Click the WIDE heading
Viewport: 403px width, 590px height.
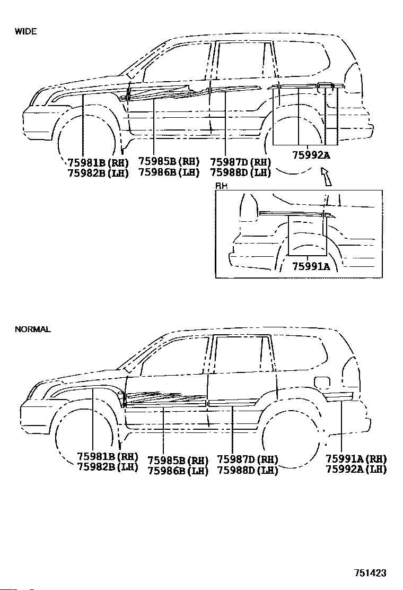click(x=25, y=32)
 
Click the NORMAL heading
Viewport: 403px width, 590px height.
click(x=33, y=329)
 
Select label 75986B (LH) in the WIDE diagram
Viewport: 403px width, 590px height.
click(x=169, y=172)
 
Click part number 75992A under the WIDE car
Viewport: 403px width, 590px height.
click(x=311, y=154)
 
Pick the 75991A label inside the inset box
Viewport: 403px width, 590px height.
click(x=311, y=266)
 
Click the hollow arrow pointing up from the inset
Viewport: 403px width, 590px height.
click(x=326, y=177)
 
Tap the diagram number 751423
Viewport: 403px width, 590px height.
click(x=370, y=573)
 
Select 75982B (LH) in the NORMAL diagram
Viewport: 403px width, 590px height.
click(x=108, y=467)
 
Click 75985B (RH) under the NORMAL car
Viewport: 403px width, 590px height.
click(x=178, y=461)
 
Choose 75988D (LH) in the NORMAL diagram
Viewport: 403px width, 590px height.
click(x=248, y=470)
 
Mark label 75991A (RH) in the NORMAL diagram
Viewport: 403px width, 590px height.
click(x=356, y=458)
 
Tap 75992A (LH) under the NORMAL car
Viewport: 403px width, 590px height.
click(x=356, y=469)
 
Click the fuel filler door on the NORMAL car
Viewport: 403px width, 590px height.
click(x=322, y=381)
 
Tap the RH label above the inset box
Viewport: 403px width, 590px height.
click(x=221, y=186)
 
